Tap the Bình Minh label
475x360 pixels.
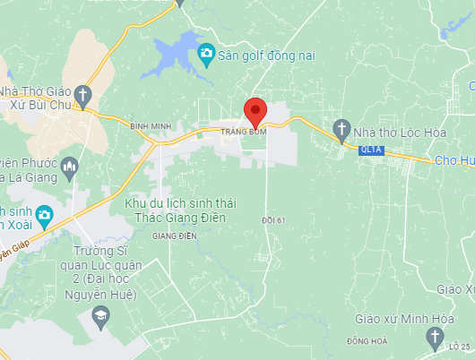click(149, 127)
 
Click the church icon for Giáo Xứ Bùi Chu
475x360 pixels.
click(82, 93)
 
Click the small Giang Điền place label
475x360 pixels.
click(174, 236)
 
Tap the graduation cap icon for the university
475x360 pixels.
click(100, 315)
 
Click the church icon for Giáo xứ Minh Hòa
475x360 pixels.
click(435, 337)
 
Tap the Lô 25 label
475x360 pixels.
click(461, 346)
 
